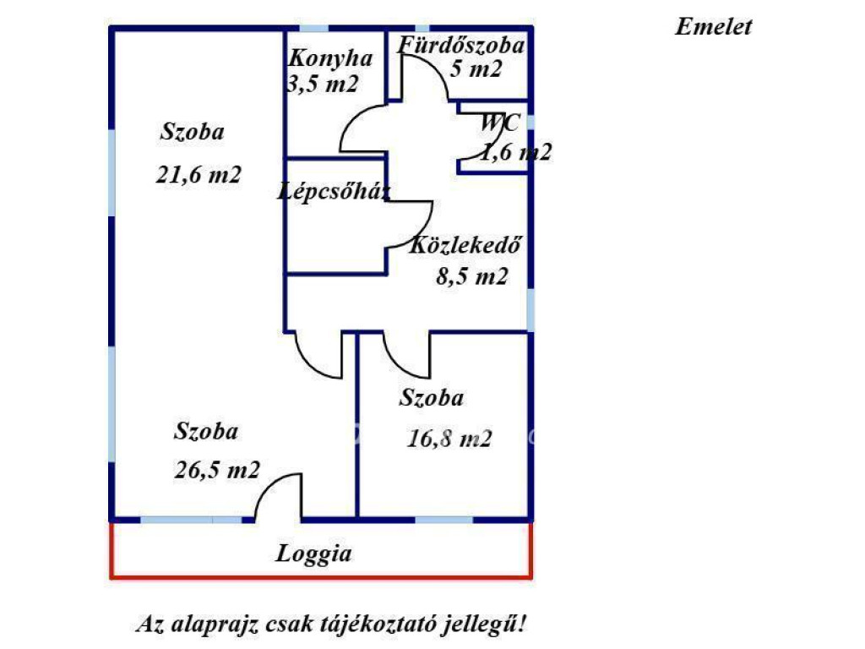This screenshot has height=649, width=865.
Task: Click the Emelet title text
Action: click(713, 26)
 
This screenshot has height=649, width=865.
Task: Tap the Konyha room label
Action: click(330, 58)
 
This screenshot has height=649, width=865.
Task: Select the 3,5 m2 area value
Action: click(324, 84)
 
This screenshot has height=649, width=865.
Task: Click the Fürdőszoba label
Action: click(461, 45)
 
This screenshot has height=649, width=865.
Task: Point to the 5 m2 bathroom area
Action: click(476, 69)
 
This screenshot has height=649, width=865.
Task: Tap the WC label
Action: click(499, 123)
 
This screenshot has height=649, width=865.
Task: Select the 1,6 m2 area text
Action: click(516, 152)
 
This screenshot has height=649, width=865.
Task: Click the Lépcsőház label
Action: click(335, 192)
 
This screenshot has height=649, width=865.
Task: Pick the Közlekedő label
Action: click(465, 244)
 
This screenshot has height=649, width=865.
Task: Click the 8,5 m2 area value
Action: click(471, 276)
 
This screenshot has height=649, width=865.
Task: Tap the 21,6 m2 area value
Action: click(199, 175)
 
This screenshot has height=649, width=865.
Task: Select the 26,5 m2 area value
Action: click(217, 470)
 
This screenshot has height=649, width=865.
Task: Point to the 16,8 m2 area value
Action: click(449, 439)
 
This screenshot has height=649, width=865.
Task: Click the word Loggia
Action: click(313, 554)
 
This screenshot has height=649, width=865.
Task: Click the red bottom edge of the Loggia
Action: click(321, 578)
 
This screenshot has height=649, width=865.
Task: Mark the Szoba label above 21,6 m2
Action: click(192, 132)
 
